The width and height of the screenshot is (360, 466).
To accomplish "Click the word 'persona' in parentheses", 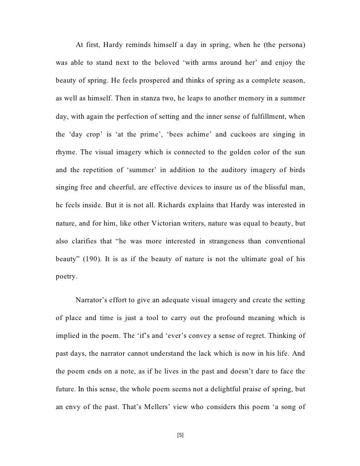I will click(x=290, y=46).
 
